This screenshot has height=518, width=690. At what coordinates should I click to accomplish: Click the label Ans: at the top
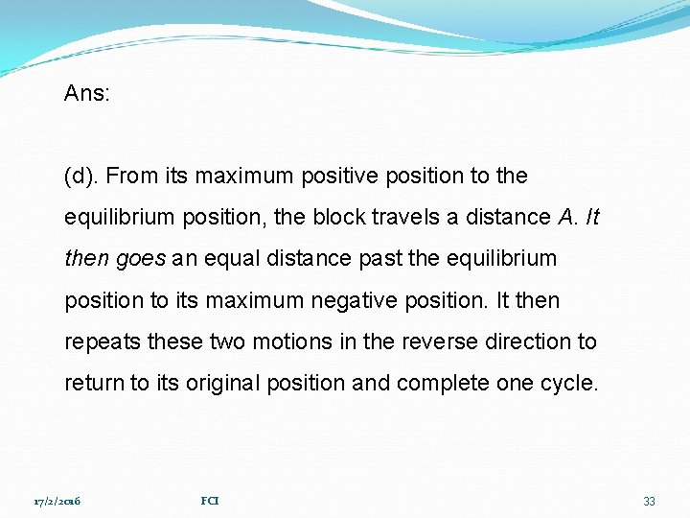coord(87,93)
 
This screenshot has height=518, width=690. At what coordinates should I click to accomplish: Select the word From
coord(127,177)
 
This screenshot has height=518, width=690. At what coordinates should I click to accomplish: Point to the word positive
coord(349,177)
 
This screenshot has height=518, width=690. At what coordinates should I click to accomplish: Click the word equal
coord(222,259)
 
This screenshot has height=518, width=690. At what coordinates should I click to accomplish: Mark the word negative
coord(363,300)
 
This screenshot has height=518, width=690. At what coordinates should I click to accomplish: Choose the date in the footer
coord(57,501)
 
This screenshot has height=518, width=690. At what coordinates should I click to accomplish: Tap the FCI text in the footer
coord(210,501)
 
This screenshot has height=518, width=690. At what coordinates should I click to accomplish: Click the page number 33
coord(649,501)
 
